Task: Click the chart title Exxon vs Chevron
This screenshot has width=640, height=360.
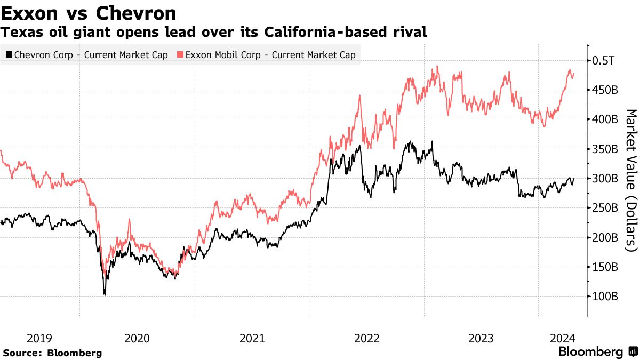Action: point(89,12)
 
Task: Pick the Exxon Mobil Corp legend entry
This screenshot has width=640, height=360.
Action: point(265,54)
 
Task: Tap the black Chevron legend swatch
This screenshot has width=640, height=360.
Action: point(9,54)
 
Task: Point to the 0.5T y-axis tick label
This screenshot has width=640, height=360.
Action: point(604,60)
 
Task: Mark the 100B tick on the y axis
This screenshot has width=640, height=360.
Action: point(605,296)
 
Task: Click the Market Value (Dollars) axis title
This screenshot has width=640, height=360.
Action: point(631,180)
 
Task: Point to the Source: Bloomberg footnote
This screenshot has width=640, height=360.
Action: point(52,353)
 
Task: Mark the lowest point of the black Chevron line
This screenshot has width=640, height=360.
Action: point(105,294)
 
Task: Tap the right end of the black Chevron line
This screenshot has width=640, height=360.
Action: point(574,179)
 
